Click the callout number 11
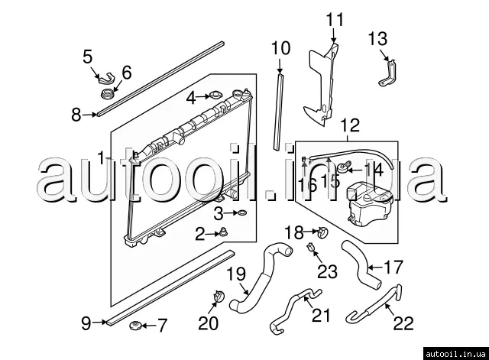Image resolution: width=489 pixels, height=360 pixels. pos(335,19)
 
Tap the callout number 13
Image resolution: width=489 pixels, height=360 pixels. pos(377,38)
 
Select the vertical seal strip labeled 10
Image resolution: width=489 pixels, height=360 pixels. pos(280,107)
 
